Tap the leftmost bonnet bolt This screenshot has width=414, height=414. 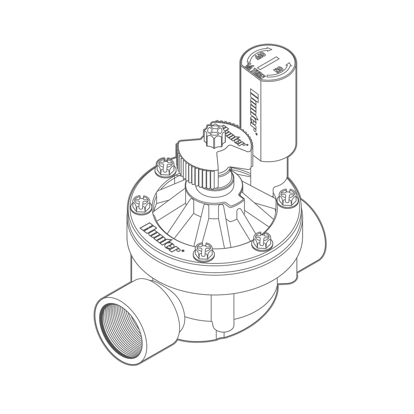140,204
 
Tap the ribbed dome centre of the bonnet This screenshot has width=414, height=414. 213,212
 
